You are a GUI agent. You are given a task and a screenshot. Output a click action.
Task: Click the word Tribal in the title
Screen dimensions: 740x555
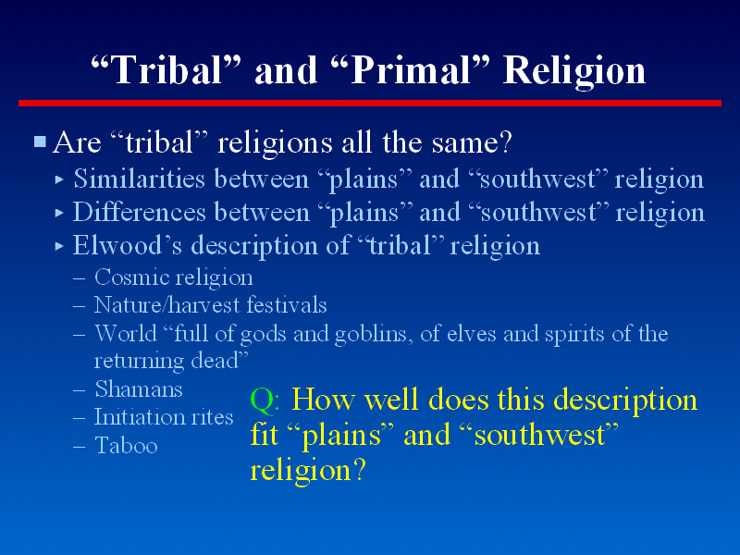(166, 70)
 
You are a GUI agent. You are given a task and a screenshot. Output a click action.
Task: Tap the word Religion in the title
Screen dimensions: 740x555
(573, 72)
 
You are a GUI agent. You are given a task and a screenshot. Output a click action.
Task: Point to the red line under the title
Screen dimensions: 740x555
(370, 103)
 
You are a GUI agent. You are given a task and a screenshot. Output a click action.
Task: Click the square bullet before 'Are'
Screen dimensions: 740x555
(40, 142)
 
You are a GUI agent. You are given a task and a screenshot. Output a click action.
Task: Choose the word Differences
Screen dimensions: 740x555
(140, 212)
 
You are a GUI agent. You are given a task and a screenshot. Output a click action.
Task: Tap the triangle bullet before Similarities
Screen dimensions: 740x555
(59, 179)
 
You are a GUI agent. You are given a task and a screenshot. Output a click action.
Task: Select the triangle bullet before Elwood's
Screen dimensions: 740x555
(59, 246)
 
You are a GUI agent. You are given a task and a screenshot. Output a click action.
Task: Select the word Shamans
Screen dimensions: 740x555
(139, 389)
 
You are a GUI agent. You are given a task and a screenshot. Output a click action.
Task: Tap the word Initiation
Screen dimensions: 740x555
(135, 417)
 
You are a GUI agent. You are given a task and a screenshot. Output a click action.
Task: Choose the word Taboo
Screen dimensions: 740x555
(126, 446)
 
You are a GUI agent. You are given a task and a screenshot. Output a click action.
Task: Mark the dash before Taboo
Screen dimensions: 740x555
(80, 447)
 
